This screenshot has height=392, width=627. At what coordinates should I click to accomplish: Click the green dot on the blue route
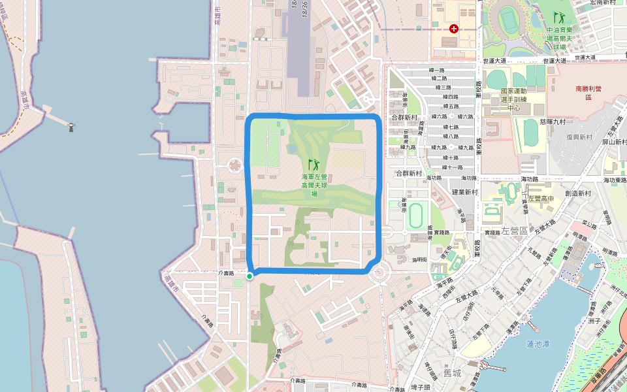(x=249, y=276)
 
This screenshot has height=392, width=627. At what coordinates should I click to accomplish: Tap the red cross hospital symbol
(x=453, y=29)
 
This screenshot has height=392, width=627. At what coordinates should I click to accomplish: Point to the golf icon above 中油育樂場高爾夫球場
(x=558, y=17)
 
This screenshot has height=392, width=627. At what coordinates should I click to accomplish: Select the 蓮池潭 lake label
(x=539, y=344)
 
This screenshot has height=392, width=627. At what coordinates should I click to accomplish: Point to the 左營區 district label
(x=515, y=231)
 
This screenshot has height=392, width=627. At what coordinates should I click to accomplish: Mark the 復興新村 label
(x=579, y=138)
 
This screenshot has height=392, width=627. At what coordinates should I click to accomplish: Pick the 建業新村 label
(x=465, y=193)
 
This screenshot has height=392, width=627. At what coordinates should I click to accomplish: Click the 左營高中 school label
(x=541, y=199)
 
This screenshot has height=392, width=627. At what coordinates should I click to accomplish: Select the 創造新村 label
(x=578, y=193)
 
